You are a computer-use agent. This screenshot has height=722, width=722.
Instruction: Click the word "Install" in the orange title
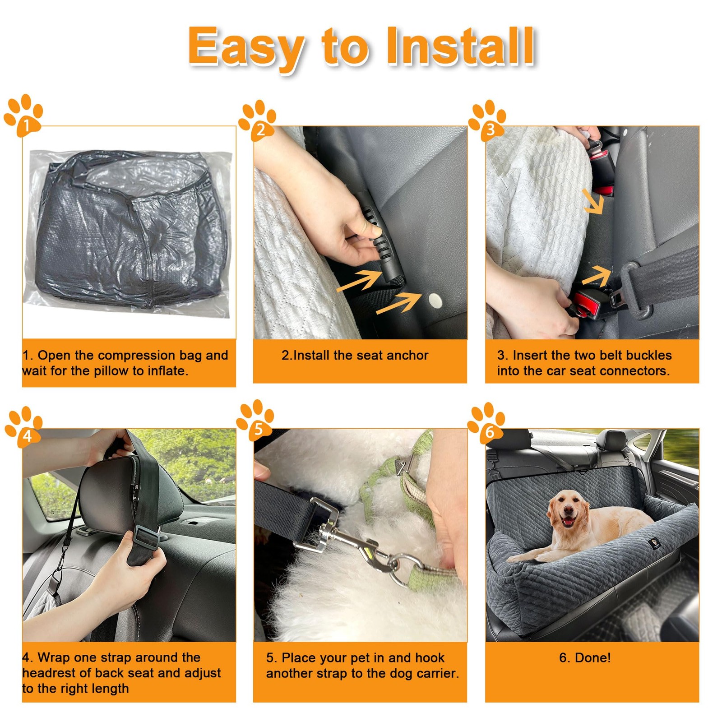(x=460, y=46)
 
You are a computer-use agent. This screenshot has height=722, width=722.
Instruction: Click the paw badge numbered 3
(x=487, y=120)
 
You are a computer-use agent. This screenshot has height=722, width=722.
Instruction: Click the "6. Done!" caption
(x=585, y=657)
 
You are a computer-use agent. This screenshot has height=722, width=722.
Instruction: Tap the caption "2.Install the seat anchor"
(x=355, y=356)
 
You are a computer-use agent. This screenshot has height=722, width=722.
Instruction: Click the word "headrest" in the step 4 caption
(x=49, y=673)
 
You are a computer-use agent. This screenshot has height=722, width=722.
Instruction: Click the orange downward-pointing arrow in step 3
(x=593, y=201)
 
